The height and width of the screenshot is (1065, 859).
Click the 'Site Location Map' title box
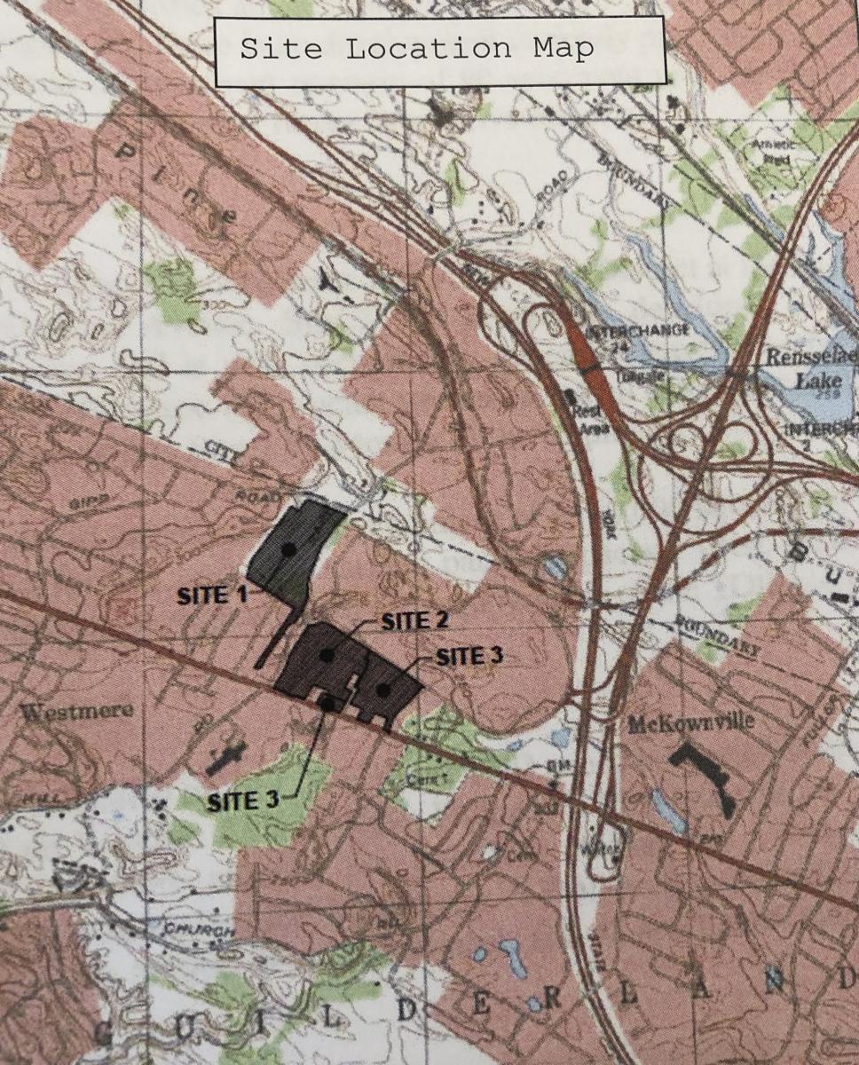tap(439, 50)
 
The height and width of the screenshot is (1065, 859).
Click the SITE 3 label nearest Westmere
tap(243, 801)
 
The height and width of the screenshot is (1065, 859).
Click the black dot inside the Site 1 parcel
tap(288, 550)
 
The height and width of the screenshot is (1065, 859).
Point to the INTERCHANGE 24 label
tap(650, 335)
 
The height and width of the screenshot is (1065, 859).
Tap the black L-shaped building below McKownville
tap(705, 777)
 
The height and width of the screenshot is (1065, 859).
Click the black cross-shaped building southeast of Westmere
tap(227, 756)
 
